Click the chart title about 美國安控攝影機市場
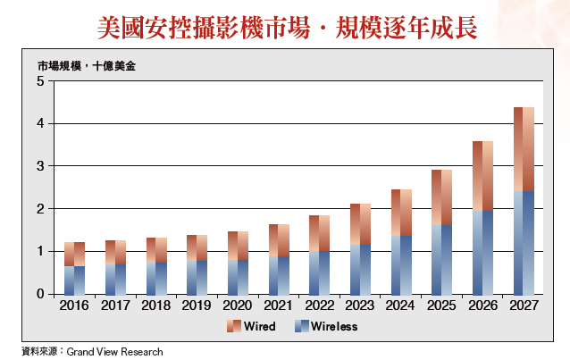click(x=286, y=27)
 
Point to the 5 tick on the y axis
click(x=39, y=81)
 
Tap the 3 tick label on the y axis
click(x=39, y=166)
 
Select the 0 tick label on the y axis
click(x=39, y=294)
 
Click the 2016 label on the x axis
click(x=74, y=306)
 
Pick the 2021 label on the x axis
click(x=279, y=306)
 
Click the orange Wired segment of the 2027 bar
click(x=524, y=148)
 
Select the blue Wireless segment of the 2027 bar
click(x=524, y=242)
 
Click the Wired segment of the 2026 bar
click(x=483, y=176)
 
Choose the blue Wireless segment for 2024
click(x=401, y=264)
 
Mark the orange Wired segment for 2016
click(x=74, y=254)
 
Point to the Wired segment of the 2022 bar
click(x=320, y=233)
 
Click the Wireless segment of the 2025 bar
click(x=442, y=259)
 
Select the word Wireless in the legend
click(x=334, y=327)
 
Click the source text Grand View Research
click(x=114, y=352)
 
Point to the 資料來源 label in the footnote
click(x=38, y=352)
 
